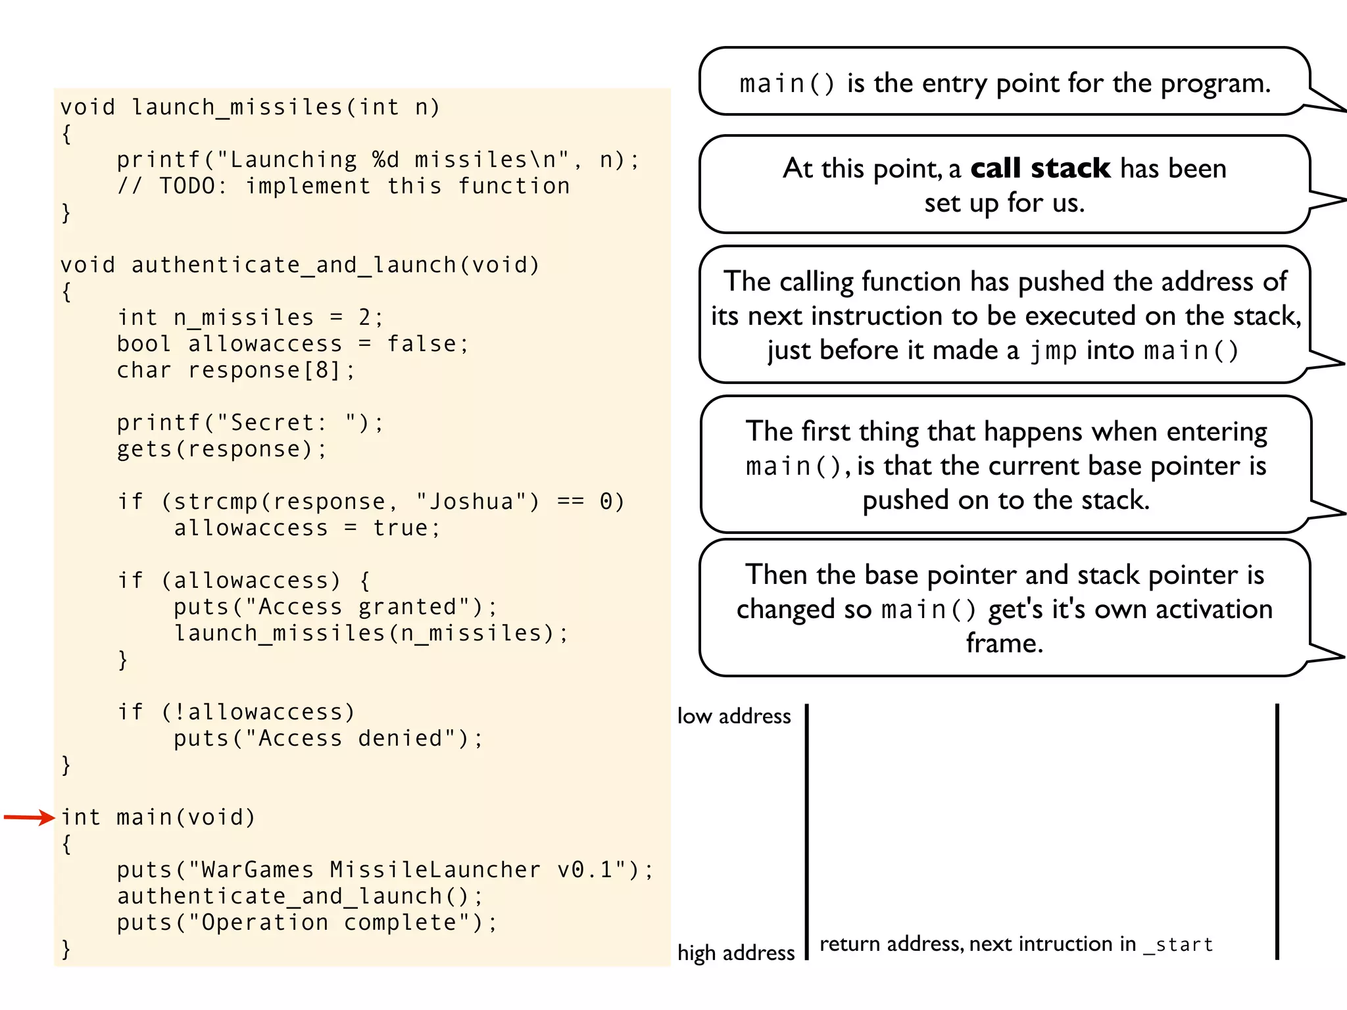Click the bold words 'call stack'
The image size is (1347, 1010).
coord(1040,168)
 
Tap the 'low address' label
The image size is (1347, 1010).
coord(734,715)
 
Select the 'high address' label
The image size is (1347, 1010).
coord(736,952)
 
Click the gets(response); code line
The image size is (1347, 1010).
coord(221,449)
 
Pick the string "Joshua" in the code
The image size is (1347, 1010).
coord(471,502)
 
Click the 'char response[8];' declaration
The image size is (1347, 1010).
coord(235,370)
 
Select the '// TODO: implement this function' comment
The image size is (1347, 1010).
coord(343,186)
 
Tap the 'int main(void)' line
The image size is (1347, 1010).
coord(158,817)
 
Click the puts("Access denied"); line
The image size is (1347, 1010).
coord(328,738)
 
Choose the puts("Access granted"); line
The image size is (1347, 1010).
coord(335,607)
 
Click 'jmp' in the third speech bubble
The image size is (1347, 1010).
coord(1053,350)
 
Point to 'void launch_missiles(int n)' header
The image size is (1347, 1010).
coord(250,107)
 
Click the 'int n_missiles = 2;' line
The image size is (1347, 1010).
coord(250,318)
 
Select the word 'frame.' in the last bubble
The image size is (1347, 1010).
coord(1004,643)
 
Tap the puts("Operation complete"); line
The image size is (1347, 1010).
coord(307,923)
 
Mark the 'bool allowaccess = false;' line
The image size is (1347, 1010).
coord(293,344)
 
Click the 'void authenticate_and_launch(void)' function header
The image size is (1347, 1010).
coord(300,265)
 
